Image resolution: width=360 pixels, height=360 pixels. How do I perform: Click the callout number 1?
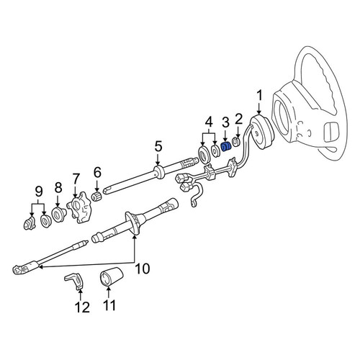tap(259, 96)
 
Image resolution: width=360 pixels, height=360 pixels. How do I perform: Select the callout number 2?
tap(238, 120)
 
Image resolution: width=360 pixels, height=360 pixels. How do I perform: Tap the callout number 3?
tap(225, 123)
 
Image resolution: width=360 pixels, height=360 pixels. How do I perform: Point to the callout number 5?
tap(158, 146)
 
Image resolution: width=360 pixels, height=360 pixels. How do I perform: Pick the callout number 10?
tap(143, 269)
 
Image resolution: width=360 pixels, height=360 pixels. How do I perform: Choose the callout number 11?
tap(109, 305)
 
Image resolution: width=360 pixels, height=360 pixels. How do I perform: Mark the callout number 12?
tap(82, 307)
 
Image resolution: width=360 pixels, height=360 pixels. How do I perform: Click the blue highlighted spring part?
tap(225, 148)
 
